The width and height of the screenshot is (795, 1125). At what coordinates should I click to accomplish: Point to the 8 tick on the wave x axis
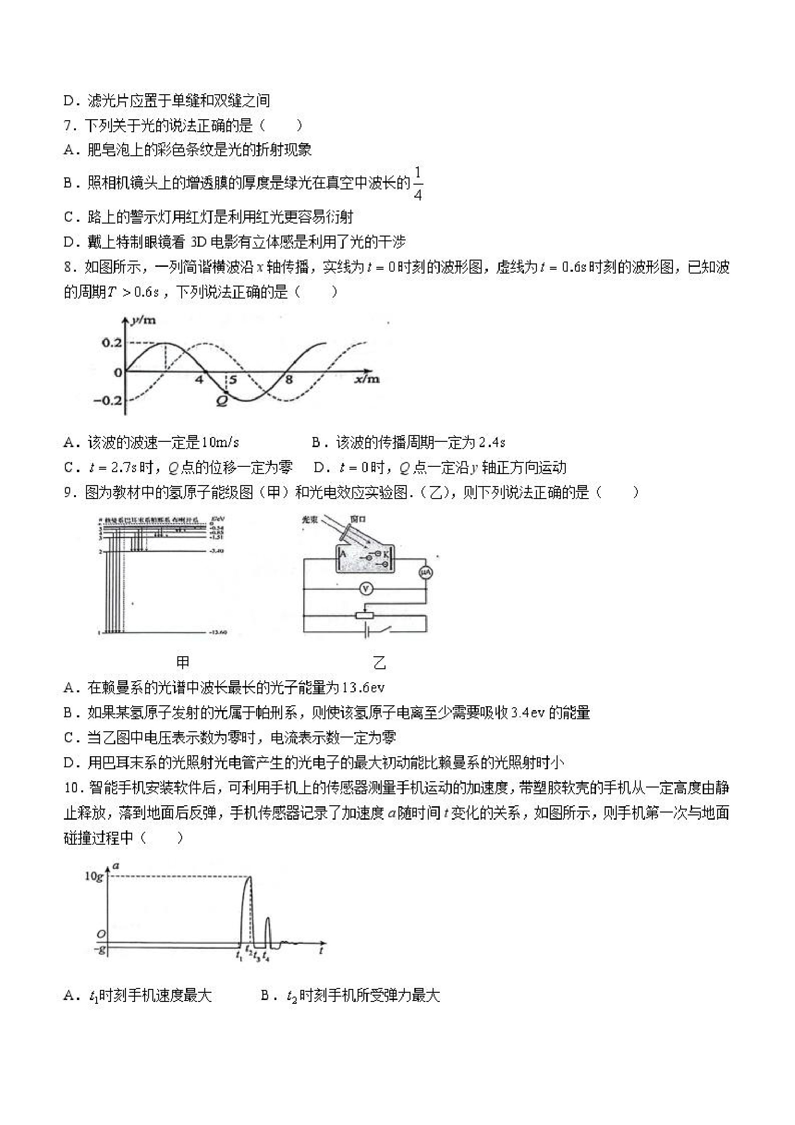(289, 380)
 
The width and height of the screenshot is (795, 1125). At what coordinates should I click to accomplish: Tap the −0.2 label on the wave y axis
(107, 400)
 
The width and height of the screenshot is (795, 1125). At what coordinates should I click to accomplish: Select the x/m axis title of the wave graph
(367, 379)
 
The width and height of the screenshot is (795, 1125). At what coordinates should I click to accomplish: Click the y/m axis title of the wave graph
(143, 321)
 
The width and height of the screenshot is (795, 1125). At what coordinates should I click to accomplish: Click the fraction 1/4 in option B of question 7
(417, 183)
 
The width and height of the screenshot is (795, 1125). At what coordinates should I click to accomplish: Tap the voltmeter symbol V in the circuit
(366, 589)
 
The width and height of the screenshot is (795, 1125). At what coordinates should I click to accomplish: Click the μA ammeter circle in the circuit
(426, 572)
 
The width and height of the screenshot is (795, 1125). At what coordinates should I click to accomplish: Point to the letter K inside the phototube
(386, 555)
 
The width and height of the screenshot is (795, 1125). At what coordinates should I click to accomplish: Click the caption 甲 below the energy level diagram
(183, 662)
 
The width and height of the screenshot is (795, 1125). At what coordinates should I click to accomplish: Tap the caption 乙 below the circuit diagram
(380, 663)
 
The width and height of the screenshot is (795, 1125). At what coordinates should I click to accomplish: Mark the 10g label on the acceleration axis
(94, 875)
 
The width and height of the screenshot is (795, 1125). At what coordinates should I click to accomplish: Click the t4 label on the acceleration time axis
(265, 955)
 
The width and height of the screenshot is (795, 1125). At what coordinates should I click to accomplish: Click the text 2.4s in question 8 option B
(491, 442)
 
